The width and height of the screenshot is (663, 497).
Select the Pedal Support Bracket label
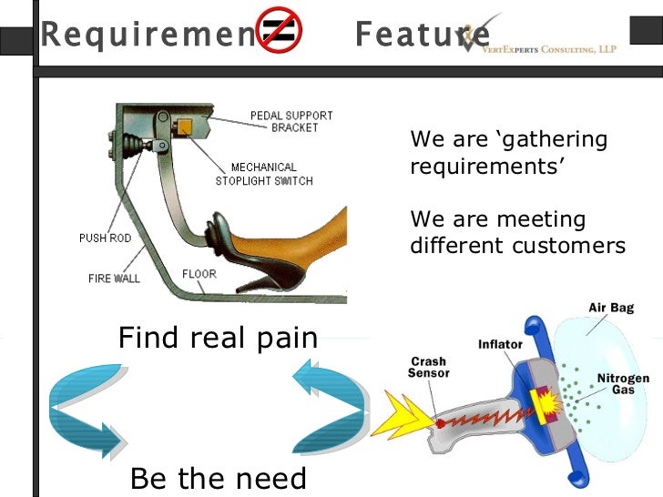pos(291,122)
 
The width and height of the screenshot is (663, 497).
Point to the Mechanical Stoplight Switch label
pos(263,174)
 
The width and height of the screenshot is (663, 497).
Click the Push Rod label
pos(105,238)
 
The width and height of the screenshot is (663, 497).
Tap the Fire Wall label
pos(114,278)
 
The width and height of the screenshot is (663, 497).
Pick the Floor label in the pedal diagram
pos(199,273)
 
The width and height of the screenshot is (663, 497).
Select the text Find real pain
pos(219,339)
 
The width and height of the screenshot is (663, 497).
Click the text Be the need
pos(219,478)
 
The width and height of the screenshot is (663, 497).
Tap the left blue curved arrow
pos(87,411)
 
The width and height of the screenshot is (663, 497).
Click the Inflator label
pos(500,345)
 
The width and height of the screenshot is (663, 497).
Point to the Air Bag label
pos(610,308)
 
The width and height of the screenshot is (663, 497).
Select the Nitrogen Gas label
pos(622,383)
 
